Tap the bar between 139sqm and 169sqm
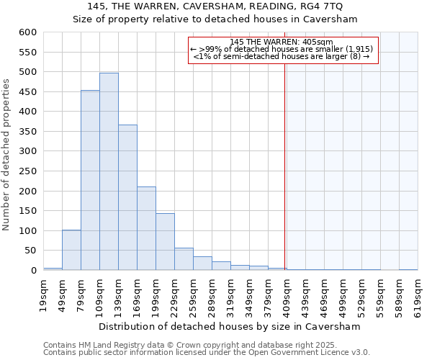pos(127,197)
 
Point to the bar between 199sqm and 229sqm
pos(165,242)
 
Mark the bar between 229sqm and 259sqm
pos(184,259)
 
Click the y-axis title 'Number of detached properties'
pos(6,156)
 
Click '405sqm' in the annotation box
pos(318,42)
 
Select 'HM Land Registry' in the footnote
pos(102,345)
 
